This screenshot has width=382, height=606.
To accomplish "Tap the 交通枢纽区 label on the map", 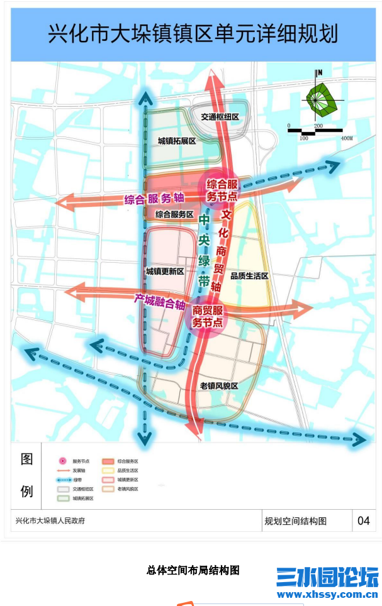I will (220, 117).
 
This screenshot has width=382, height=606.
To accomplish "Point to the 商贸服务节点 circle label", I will (208, 316).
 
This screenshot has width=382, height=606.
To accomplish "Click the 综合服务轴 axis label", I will (154, 199).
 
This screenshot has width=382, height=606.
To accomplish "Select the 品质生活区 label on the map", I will (250, 276).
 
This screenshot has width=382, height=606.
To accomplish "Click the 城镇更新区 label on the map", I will (164, 272).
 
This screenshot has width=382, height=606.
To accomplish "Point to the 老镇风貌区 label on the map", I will (219, 385).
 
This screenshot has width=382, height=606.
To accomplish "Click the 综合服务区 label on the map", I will (174, 214).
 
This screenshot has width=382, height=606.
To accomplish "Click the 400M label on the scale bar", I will (346, 138).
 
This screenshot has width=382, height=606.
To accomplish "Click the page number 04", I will (364, 521).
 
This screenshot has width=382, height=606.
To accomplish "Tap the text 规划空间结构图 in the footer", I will (295, 521).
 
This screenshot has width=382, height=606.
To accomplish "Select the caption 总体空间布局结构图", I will (193, 570).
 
